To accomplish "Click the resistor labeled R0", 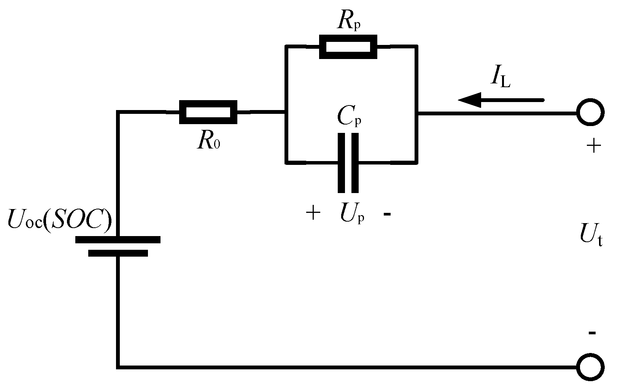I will click(208, 112).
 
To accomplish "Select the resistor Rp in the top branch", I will click(348, 46).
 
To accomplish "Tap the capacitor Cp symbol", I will click(348, 163).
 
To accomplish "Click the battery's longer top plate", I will click(118, 240).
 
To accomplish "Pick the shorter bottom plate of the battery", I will click(118, 253).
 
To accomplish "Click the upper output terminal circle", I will click(590, 113).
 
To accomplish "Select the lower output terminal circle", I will click(590, 367).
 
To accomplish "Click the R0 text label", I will click(208, 141).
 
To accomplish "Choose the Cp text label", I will click(350, 118).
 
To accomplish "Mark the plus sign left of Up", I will click(313, 214).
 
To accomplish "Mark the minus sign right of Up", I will click(387, 215).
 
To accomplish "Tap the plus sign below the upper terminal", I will click(593, 146).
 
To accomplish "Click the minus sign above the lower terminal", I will click(592, 333).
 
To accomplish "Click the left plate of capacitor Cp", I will click(342, 163).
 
